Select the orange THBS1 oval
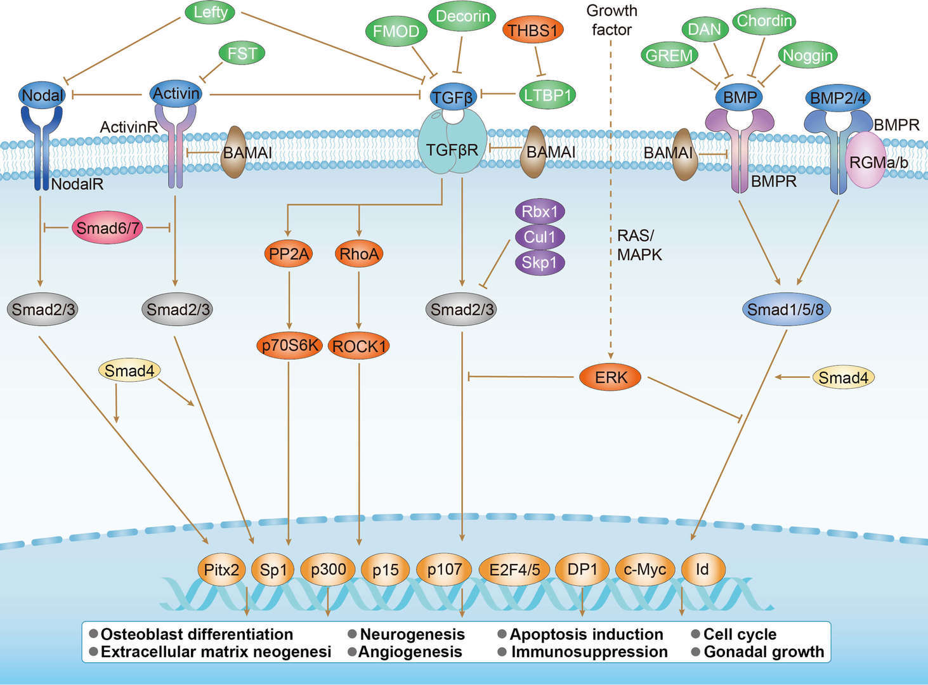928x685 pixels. coord(533,30)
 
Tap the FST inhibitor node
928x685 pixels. coord(242,53)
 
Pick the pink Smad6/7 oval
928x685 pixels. coord(107,228)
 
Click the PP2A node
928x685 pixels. coord(289,254)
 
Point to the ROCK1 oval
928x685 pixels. coord(359,346)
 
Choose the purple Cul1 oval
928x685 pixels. coord(539,237)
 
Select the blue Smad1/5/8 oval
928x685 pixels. coord(785,310)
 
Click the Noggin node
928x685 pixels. coord(807,55)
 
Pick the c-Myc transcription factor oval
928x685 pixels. coord(644,569)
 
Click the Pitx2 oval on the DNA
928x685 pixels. coord(221,569)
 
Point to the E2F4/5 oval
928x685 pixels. coord(514,569)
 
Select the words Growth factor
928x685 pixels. coord(611,20)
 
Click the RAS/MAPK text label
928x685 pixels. coord(639,245)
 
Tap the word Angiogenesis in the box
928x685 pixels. coord(410,651)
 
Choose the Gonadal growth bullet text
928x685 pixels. coord(763,651)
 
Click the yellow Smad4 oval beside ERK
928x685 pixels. coord(843,378)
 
